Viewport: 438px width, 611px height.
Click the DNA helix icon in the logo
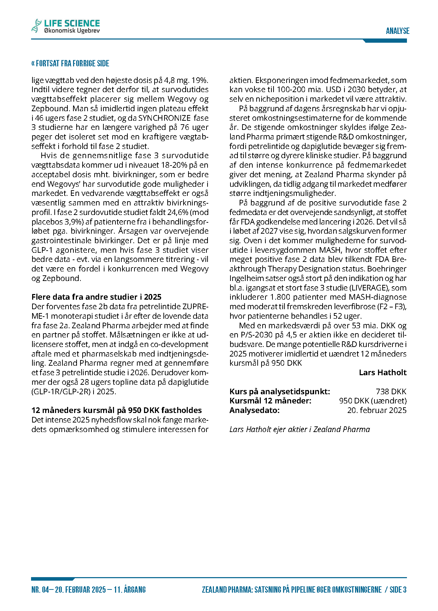[36, 26]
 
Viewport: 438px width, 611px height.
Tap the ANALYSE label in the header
[397, 31]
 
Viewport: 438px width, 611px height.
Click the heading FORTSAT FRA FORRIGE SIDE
[70, 64]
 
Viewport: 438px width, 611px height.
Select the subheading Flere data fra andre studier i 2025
[96, 297]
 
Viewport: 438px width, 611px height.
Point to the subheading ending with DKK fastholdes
[116, 410]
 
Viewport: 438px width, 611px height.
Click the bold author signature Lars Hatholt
[383, 372]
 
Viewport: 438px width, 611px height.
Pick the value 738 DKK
[391, 391]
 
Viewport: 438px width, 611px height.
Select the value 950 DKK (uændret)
[373, 401]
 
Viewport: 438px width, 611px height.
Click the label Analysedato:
[254, 410]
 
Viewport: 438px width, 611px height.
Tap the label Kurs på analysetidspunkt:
[280, 391]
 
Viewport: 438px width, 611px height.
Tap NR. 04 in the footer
[40, 590]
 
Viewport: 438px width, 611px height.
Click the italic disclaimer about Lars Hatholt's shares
[300, 429]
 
